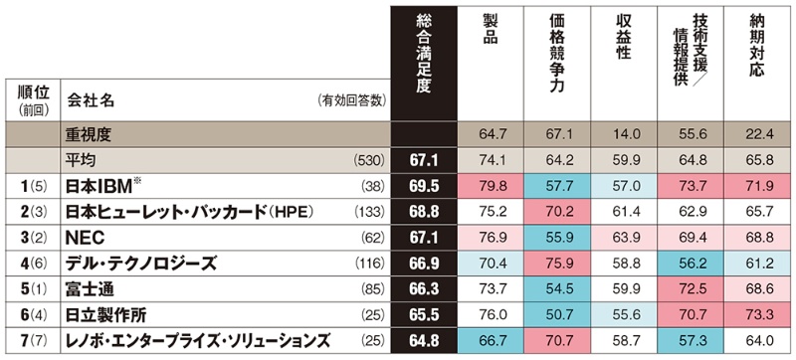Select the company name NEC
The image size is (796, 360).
point(86,239)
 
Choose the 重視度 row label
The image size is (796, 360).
point(89,134)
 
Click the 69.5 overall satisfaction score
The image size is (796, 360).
point(423,186)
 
